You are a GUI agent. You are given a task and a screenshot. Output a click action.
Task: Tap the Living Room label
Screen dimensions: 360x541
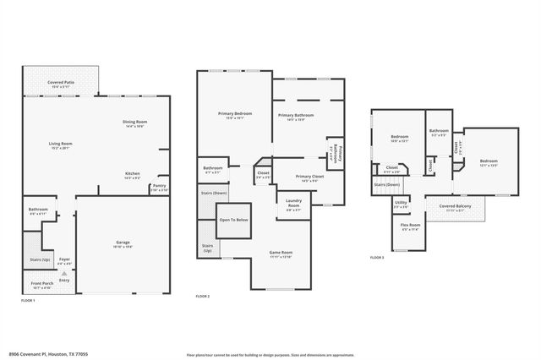(60, 145)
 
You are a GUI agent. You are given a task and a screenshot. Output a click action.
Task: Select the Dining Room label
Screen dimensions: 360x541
(135, 123)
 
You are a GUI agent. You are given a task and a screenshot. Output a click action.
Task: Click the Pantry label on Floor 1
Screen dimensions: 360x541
(159, 188)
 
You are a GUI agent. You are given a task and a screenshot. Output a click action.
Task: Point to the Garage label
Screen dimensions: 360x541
(123, 243)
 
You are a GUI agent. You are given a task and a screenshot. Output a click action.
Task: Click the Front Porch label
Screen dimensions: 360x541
(42, 284)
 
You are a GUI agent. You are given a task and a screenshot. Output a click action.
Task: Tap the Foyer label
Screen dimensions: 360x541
(64, 260)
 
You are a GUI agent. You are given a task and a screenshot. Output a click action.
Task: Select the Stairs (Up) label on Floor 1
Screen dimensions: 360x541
(40, 259)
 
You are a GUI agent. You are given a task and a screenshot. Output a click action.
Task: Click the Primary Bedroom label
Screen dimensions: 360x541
(234, 115)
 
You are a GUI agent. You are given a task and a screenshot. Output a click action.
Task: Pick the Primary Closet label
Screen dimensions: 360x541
(308, 178)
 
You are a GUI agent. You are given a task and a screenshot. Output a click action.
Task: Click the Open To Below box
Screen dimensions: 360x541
(234, 220)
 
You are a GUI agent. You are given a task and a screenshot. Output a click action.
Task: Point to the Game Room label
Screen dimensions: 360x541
(280, 252)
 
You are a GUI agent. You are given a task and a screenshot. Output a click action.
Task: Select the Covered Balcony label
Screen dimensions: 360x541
(455, 206)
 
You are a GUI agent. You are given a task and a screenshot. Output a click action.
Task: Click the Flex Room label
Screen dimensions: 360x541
(410, 226)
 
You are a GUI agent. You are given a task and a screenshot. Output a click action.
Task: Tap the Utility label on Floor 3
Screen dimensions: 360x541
(401, 203)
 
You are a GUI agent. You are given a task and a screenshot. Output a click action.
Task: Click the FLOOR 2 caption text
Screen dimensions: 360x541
(203, 297)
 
